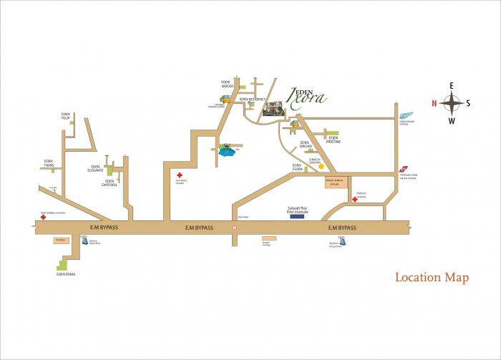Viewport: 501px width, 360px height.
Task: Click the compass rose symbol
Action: [451, 103]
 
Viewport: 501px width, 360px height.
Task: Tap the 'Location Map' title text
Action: [432, 278]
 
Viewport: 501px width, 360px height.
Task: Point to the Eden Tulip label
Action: [67, 116]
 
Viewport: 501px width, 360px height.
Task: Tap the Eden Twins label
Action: [49, 163]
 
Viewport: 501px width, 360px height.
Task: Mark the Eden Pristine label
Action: [334, 140]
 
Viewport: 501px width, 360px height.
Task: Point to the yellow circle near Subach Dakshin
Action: [321, 166]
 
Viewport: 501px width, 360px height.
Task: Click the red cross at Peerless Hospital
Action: [354, 200]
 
